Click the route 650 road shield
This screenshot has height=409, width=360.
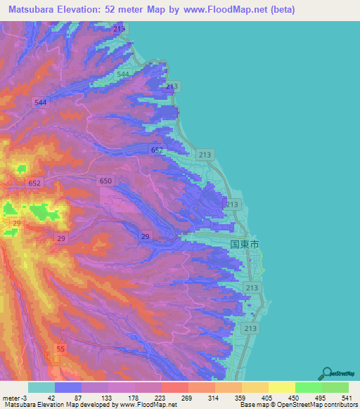click(x=105, y=181)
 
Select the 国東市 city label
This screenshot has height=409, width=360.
click(x=245, y=244)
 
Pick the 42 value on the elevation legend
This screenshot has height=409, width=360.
click(x=51, y=397)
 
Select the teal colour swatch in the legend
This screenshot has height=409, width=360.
click(x=41, y=387)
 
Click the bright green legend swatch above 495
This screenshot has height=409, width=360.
click(x=308, y=387)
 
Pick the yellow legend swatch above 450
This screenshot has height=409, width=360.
click(x=281, y=387)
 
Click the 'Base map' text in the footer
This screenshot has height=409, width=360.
click(x=253, y=405)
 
